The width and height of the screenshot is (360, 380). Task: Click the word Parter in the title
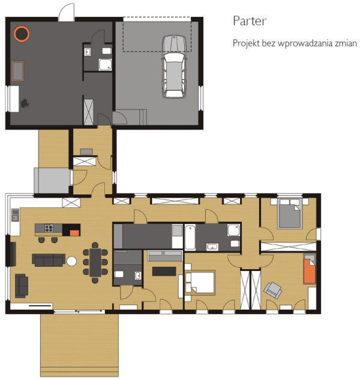pyautogui.click(x=250, y=21)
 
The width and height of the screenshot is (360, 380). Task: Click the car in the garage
pyautogui.click(x=175, y=67)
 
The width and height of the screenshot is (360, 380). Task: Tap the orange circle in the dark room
pyautogui.click(x=22, y=34)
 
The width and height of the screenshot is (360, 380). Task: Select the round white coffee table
pyautogui.click(x=71, y=261)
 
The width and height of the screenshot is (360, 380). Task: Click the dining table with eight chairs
pyautogui.click(x=95, y=263)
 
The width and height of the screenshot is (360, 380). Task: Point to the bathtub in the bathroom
pyautogui.click(x=190, y=237)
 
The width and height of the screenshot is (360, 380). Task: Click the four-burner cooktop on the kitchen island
pyautogui.click(x=49, y=228)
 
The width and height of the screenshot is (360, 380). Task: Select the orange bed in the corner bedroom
pyautogui.click(x=310, y=271)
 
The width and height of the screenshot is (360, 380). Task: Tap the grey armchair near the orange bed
pyautogui.click(x=273, y=290)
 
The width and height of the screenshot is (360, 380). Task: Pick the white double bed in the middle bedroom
pyautogui.click(x=200, y=282)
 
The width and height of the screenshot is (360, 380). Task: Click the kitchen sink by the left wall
pyautogui.click(x=15, y=215)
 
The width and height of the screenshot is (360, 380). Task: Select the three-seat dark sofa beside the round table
pyautogui.click(x=49, y=260)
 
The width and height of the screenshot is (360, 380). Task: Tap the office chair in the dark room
pyautogui.click(x=25, y=104)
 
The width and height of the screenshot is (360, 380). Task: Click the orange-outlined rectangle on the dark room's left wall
pyautogui.click(x=18, y=71)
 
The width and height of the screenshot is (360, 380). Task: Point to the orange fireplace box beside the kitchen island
pyautogui.click(x=75, y=233)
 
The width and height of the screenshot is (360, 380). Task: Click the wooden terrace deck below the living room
pyautogui.click(x=79, y=345)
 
